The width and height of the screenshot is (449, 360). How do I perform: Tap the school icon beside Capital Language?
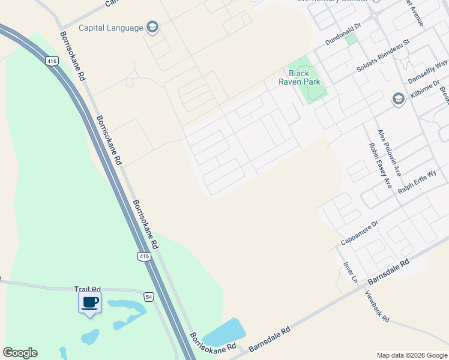[x=152, y=27]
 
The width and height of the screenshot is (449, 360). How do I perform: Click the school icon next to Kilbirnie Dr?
[x=397, y=99]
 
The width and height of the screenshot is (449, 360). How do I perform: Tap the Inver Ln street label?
[x=350, y=272]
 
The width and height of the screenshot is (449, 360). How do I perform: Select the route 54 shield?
[x=149, y=296]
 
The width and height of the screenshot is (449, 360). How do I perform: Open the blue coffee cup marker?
[x=90, y=302]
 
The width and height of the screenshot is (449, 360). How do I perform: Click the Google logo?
[x=20, y=353]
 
